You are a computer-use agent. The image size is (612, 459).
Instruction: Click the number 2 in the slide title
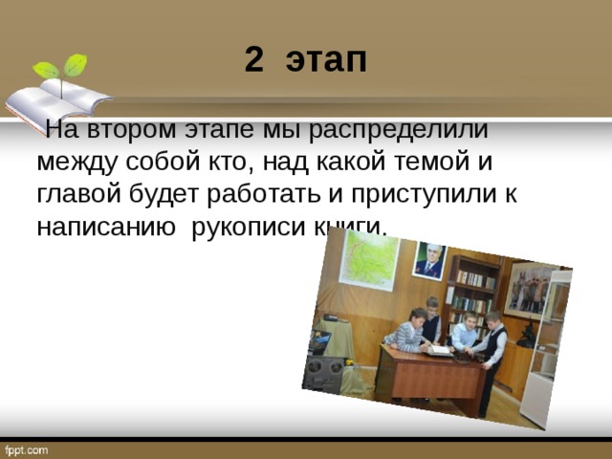(253, 60)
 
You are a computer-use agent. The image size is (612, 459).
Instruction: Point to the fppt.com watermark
(26, 449)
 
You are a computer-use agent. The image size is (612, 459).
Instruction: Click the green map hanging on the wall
(368, 260)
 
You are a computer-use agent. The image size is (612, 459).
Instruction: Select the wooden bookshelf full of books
(472, 292)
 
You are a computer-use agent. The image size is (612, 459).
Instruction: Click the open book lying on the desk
(438, 350)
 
